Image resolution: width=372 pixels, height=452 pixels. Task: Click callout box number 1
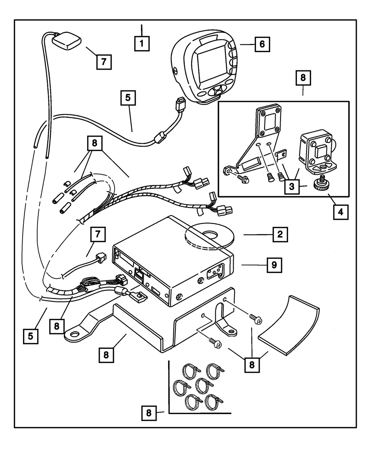coord(142,43)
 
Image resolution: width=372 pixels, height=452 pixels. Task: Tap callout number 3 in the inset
coord(292,186)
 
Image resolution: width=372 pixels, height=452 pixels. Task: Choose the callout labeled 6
coord(262,44)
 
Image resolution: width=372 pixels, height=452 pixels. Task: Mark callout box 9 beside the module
coord(274,265)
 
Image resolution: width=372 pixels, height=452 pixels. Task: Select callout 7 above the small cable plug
coord(98,235)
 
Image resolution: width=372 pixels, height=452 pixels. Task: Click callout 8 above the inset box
coord(303,78)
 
